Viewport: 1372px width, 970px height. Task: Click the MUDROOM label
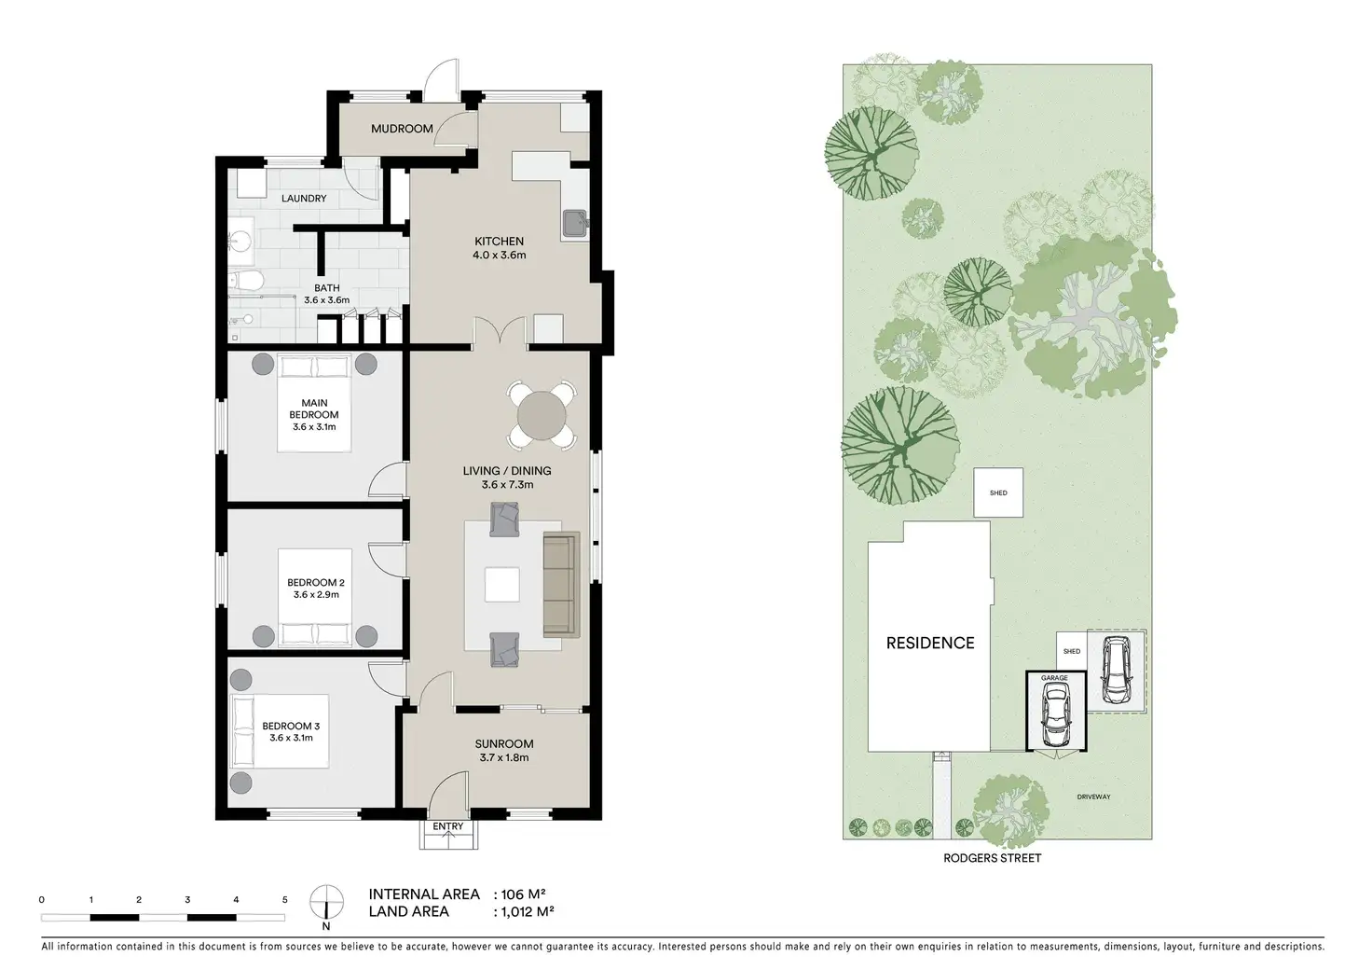[x=402, y=129]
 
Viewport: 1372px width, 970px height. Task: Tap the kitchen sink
[x=573, y=224]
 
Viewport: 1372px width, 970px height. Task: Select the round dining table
[x=542, y=414]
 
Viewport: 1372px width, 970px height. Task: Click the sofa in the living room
[x=560, y=583]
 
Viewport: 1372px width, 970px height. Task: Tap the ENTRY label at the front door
[x=448, y=826]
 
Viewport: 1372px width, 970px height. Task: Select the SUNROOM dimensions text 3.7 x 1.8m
[x=503, y=758]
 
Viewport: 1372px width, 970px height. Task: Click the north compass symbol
[x=325, y=902]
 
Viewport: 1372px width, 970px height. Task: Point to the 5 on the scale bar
[x=284, y=900]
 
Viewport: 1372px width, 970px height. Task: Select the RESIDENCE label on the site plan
[x=929, y=643]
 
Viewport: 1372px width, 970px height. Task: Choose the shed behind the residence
[x=998, y=492]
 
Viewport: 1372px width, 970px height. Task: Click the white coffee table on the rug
[x=501, y=586]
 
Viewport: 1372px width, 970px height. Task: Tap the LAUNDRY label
[x=304, y=199]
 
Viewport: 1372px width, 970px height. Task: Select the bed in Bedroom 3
[x=279, y=731]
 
